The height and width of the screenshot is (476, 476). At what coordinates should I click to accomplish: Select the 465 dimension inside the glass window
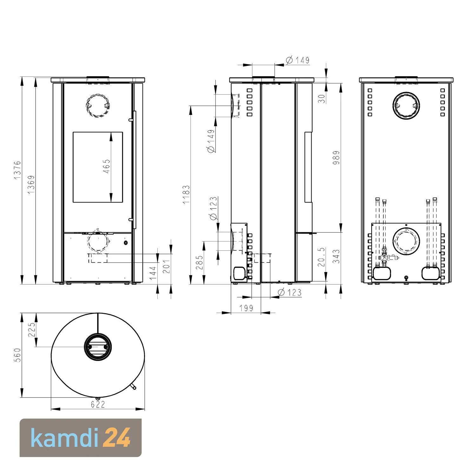tap(107, 166)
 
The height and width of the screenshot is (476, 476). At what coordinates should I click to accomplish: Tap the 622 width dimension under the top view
tap(98, 405)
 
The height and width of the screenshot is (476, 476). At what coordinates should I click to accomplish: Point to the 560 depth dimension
tap(17, 355)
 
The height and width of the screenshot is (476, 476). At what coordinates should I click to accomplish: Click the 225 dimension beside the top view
tap(32, 330)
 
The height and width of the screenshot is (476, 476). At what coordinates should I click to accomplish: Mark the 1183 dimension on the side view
tap(186, 194)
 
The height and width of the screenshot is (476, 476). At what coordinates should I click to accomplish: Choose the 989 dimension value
tap(336, 157)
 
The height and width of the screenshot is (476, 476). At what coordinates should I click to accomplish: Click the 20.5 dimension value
tap(321, 257)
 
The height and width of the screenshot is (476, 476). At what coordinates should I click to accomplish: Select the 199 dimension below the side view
tap(246, 308)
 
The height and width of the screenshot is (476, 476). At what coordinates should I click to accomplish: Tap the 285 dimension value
tap(199, 262)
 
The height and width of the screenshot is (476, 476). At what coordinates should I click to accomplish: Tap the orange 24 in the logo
tap(117, 438)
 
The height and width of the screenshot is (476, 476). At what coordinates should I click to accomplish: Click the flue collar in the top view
tap(98, 347)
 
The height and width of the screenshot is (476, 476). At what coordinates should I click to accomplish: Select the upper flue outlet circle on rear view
tap(406, 106)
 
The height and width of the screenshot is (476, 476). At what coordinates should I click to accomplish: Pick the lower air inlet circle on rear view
tap(406, 242)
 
